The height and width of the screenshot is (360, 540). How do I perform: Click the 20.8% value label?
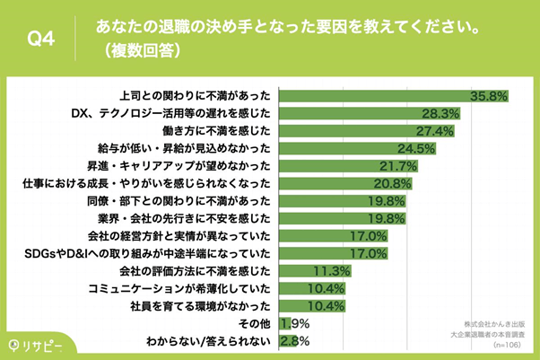(x=393, y=183)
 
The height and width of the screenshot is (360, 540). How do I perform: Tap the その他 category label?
(x=253, y=323)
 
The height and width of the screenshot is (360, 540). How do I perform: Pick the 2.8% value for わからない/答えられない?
(x=297, y=341)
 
